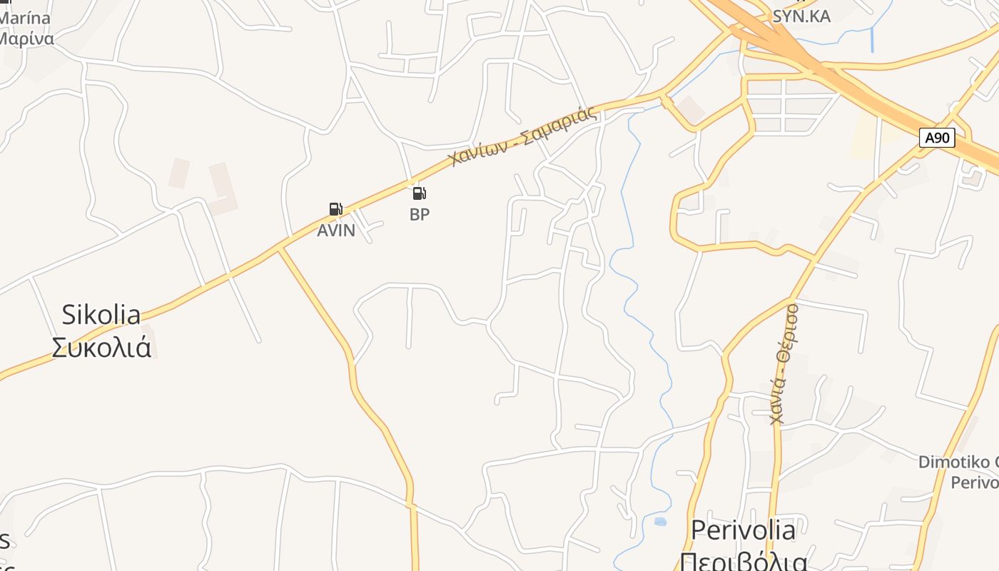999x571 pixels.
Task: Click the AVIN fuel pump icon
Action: pyautogui.click(x=335, y=209)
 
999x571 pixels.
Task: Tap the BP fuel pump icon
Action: pyautogui.click(x=420, y=193)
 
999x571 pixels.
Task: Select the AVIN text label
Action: pyautogui.click(x=336, y=231)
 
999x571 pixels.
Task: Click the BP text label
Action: pyautogui.click(x=420, y=214)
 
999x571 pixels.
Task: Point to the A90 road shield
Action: pyautogui.click(x=936, y=138)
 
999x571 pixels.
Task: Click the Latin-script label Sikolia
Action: pyautogui.click(x=101, y=314)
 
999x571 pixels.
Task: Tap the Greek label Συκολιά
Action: pyautogui.click(x=101, y=347)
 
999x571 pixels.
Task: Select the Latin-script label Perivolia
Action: pyautogui.click(x=743, y=530)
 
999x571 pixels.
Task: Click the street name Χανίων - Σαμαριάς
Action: pyautogui.click(x=523, y=136)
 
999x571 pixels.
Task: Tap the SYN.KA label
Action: pyautogui.click(x=801, y=16)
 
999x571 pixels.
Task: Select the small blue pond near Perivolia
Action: pyautogui.click(x=660, y=522)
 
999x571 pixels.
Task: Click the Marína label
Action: pyautogui.click(x=25, y=18)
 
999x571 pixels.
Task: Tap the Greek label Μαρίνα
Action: pyautogui.click(x=25, y=38)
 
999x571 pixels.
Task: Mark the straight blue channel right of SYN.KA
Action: pyautogui.click(x=872, y=39)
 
